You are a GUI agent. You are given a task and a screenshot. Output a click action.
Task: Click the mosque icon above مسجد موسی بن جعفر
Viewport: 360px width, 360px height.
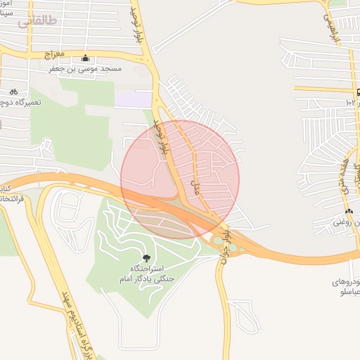[86, 58]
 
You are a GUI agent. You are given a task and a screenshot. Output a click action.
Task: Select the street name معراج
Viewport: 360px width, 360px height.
[54, 53]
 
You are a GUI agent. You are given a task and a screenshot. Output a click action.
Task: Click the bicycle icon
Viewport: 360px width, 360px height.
[13, 91]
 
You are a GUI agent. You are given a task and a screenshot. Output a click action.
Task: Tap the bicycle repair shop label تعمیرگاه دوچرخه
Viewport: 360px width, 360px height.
[21, 103]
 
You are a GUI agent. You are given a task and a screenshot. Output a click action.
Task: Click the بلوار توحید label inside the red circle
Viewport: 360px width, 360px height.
[162, 139]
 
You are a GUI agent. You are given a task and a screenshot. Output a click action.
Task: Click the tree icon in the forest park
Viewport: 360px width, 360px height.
[146, 259]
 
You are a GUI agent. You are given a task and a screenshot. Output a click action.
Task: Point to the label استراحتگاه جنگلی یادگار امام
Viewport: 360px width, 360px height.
[152, 274]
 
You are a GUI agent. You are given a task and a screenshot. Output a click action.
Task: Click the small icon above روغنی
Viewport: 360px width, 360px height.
[349, 212]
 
